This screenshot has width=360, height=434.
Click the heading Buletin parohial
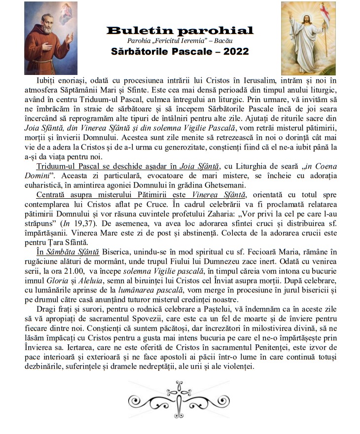click(x=180, y=31)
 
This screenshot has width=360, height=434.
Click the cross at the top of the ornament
click(x=179, y=387)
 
